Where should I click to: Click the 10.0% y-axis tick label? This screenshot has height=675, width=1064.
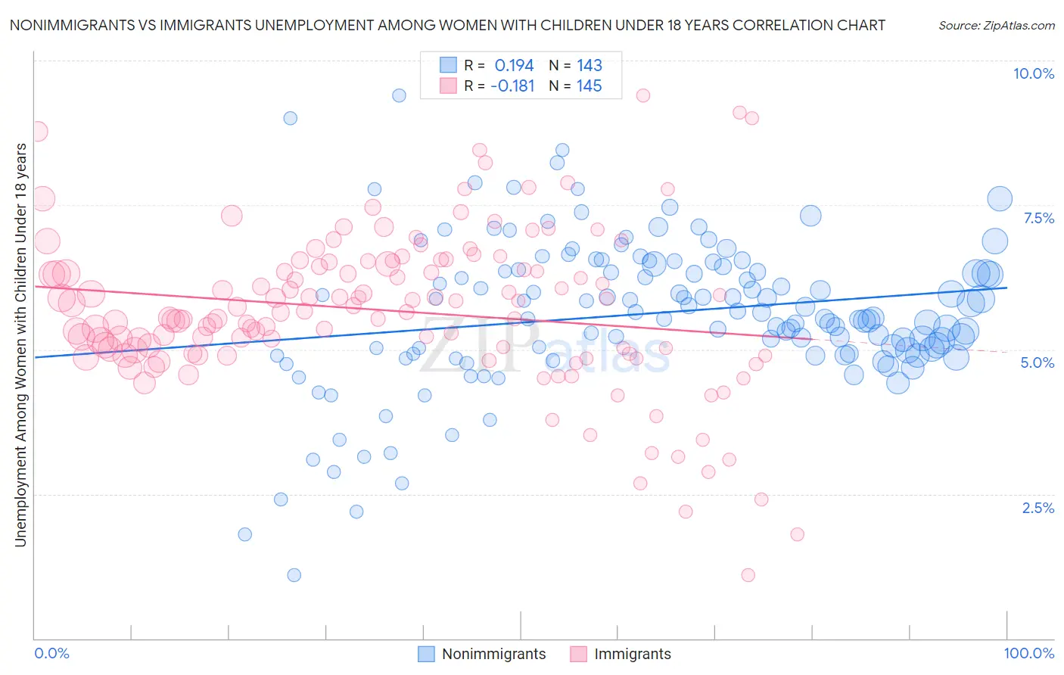tap(1033, 73)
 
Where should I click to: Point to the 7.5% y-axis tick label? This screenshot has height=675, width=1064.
tap(1038, 218)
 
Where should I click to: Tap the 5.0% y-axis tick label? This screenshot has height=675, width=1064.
tap(1037, 362)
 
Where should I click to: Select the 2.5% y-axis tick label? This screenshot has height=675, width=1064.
tap(1038, 508)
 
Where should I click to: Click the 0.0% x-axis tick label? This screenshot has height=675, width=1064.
tap(51, 653)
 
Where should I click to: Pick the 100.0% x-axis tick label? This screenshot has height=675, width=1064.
tap(1028, 653)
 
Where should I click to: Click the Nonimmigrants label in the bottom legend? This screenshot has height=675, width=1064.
tap(493, 654)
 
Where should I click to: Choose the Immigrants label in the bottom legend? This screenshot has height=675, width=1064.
tap(632, 654)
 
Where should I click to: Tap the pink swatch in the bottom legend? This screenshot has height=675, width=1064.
tap(579, 654)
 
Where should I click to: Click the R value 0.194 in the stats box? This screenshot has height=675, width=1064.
tap(514, 66)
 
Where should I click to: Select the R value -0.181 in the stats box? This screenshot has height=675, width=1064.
tap(512, 86)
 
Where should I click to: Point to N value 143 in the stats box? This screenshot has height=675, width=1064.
tap(589, 66)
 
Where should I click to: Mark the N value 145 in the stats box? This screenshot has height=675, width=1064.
tap(589, 86)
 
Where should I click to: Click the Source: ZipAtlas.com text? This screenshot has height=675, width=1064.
tap(996, 25)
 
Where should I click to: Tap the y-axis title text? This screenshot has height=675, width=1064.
tap(20, 344)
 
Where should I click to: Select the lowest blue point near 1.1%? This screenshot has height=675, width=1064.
tap(294, 575)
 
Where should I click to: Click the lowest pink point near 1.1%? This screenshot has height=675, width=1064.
tap(748, 575)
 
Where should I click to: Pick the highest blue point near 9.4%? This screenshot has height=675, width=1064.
tap(399, 95)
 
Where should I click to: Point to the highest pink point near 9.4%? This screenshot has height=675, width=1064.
tap(642, 95)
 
